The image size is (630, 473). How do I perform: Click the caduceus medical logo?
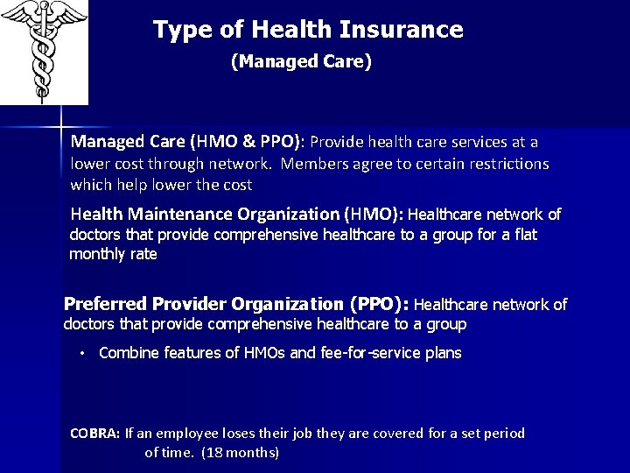click(44, 51)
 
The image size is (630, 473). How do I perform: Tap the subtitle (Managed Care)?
click(301, 62)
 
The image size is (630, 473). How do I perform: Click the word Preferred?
click(105, 304)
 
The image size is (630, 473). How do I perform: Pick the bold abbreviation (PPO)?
click(379, 304)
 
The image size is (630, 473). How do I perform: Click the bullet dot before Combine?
click(80, 354)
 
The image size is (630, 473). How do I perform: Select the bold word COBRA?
click(95, 433)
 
